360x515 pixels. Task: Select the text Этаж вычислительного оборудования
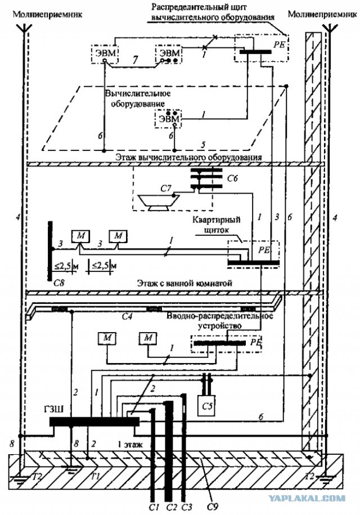point(189,157)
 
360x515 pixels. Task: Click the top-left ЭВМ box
point(103,53)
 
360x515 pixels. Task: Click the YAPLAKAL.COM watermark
point(316,498)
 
